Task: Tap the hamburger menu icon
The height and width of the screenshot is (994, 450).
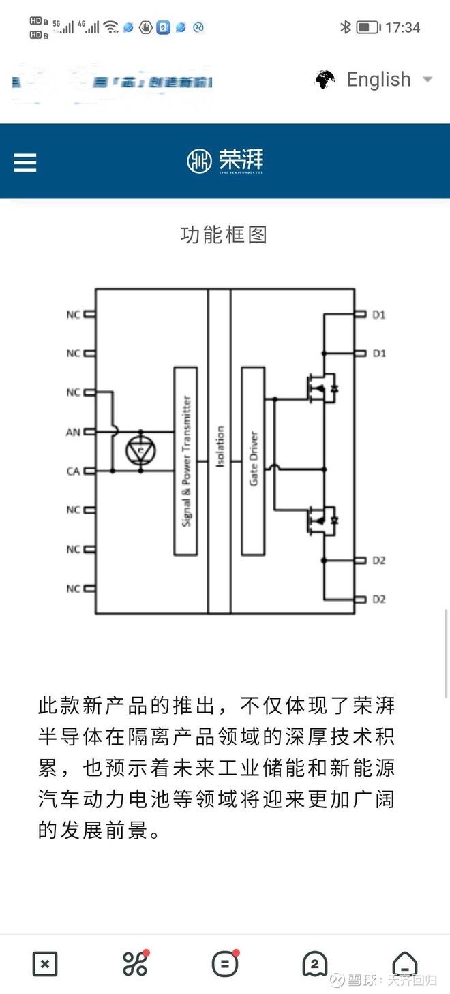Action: pyautogui.click(x=25, y=162)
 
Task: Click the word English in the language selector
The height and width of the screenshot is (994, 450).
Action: pyautogui.click(x=378, y=80)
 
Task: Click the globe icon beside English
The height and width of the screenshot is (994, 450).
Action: pyautogui.click(x=325, y=80)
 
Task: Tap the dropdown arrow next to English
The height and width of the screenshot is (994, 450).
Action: pyautogui.click(x=427, y=79)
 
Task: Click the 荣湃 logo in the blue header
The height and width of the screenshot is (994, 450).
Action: pyautogui.click(x=225, y=161)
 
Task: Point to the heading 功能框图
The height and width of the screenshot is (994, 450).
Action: pyautogui.click(x=224, y=235)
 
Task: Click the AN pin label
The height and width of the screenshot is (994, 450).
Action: pyautogui.click(x=73, y=432)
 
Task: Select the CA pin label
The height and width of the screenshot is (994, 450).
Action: pyautogui.click(x=73, y=471)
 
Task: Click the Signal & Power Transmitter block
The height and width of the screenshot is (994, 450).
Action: pyautogui.click(x=186, y=461)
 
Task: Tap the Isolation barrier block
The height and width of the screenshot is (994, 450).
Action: pyautogui.click(x=220, y=450)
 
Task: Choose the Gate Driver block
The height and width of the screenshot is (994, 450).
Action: pyautogui.click(x=253, y=461)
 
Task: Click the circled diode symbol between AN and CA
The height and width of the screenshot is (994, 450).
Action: pyautogui.click(x=141, y=451)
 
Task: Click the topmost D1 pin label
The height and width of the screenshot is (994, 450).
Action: pyautogui.click(x=379, y=315)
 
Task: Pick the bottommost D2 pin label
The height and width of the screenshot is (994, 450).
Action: pyautogui.click(x=379, y=599)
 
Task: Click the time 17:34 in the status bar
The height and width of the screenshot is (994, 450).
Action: pyautogui.click(x=403, y=28)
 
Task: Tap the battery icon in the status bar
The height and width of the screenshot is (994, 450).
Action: pyautogui.click(x=368, y=28)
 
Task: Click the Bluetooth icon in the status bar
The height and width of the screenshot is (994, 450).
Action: pyautogui.click(x=346, y=27)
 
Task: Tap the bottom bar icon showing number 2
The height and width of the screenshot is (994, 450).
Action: pyautogui.click(x=314, y=964)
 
